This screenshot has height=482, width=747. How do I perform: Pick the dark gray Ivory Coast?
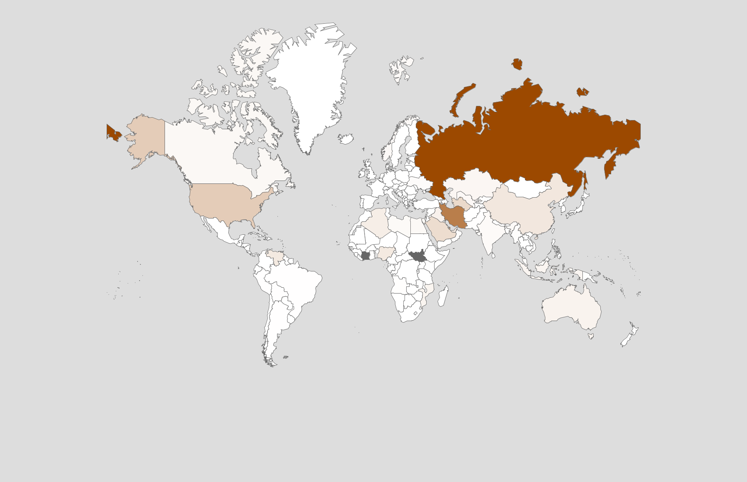point(365,256)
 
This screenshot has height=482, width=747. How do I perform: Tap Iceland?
point(346,138)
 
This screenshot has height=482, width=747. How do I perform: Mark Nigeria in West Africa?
point(386,253)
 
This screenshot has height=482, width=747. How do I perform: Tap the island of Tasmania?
point(591,336)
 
